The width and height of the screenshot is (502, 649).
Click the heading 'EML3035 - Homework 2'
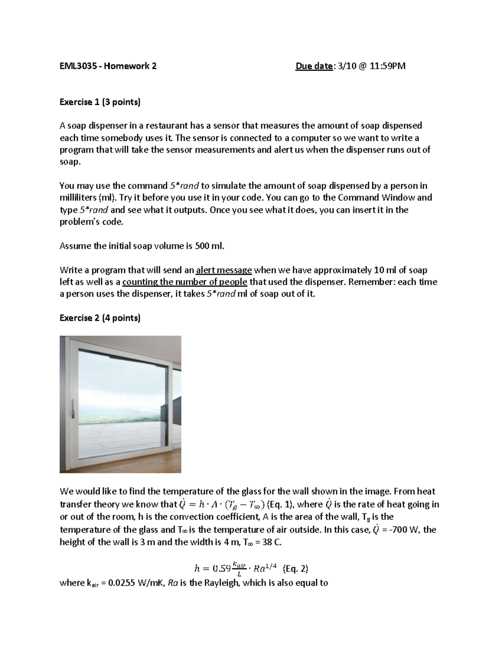click(108, 66)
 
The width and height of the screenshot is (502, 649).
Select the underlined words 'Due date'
click(314, 66)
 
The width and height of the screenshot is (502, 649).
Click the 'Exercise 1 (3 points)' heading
click(100, 102)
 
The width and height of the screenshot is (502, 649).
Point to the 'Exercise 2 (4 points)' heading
click(100, 318)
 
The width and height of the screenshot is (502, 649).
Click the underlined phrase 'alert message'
click(224, 270)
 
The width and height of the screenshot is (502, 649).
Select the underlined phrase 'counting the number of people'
click(184, 282)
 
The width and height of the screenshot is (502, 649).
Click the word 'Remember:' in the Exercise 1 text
click(371, 282)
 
